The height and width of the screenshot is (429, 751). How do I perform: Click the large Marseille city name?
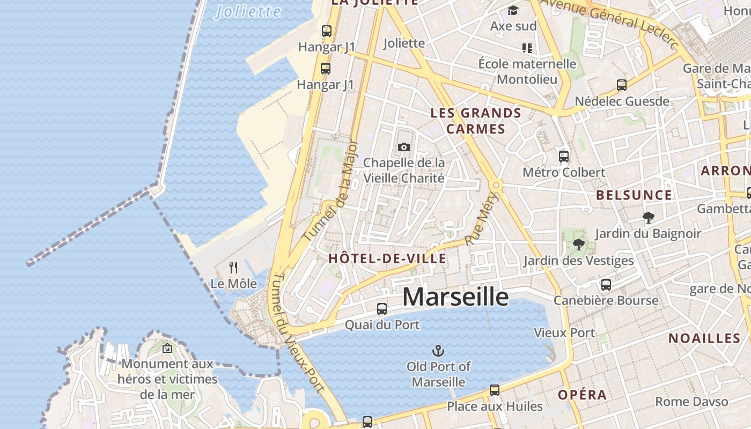tap(455, 297)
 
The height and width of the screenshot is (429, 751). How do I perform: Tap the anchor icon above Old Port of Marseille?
tap(438, 351)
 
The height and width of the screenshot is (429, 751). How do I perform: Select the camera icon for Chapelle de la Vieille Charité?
tap(404, 147)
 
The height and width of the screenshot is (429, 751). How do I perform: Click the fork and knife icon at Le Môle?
tap(233, 267)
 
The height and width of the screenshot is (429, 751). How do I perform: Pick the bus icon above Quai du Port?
tap(382, 308)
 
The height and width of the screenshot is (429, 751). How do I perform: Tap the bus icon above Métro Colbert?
tap(564, 156)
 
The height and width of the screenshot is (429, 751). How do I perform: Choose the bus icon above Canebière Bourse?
tap(606, 284)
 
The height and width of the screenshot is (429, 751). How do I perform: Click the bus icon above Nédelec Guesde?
tap(622, 85)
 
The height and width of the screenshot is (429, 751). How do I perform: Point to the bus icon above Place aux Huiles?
tap(495, 390)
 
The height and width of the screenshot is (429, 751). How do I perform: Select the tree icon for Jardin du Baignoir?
tap(648, 217)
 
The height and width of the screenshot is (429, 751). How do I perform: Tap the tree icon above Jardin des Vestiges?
tap(578, 245)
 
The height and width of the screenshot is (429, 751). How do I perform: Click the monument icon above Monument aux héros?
tap(167, 348)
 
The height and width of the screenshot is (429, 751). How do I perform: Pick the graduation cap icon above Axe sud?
tap(513, 10)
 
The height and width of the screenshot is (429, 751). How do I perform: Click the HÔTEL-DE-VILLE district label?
tap(387, 258)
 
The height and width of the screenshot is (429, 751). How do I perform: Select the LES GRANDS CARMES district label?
tap(476, 121)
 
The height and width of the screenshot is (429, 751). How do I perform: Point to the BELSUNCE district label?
tap(634, 195)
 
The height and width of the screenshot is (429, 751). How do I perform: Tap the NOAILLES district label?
tap(704, 338)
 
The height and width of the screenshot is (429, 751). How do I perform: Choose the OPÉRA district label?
tap(582, 395)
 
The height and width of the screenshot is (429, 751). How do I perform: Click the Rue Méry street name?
tap(481, 219)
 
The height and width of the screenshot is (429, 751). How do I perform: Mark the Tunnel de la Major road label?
tap(330, 190)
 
